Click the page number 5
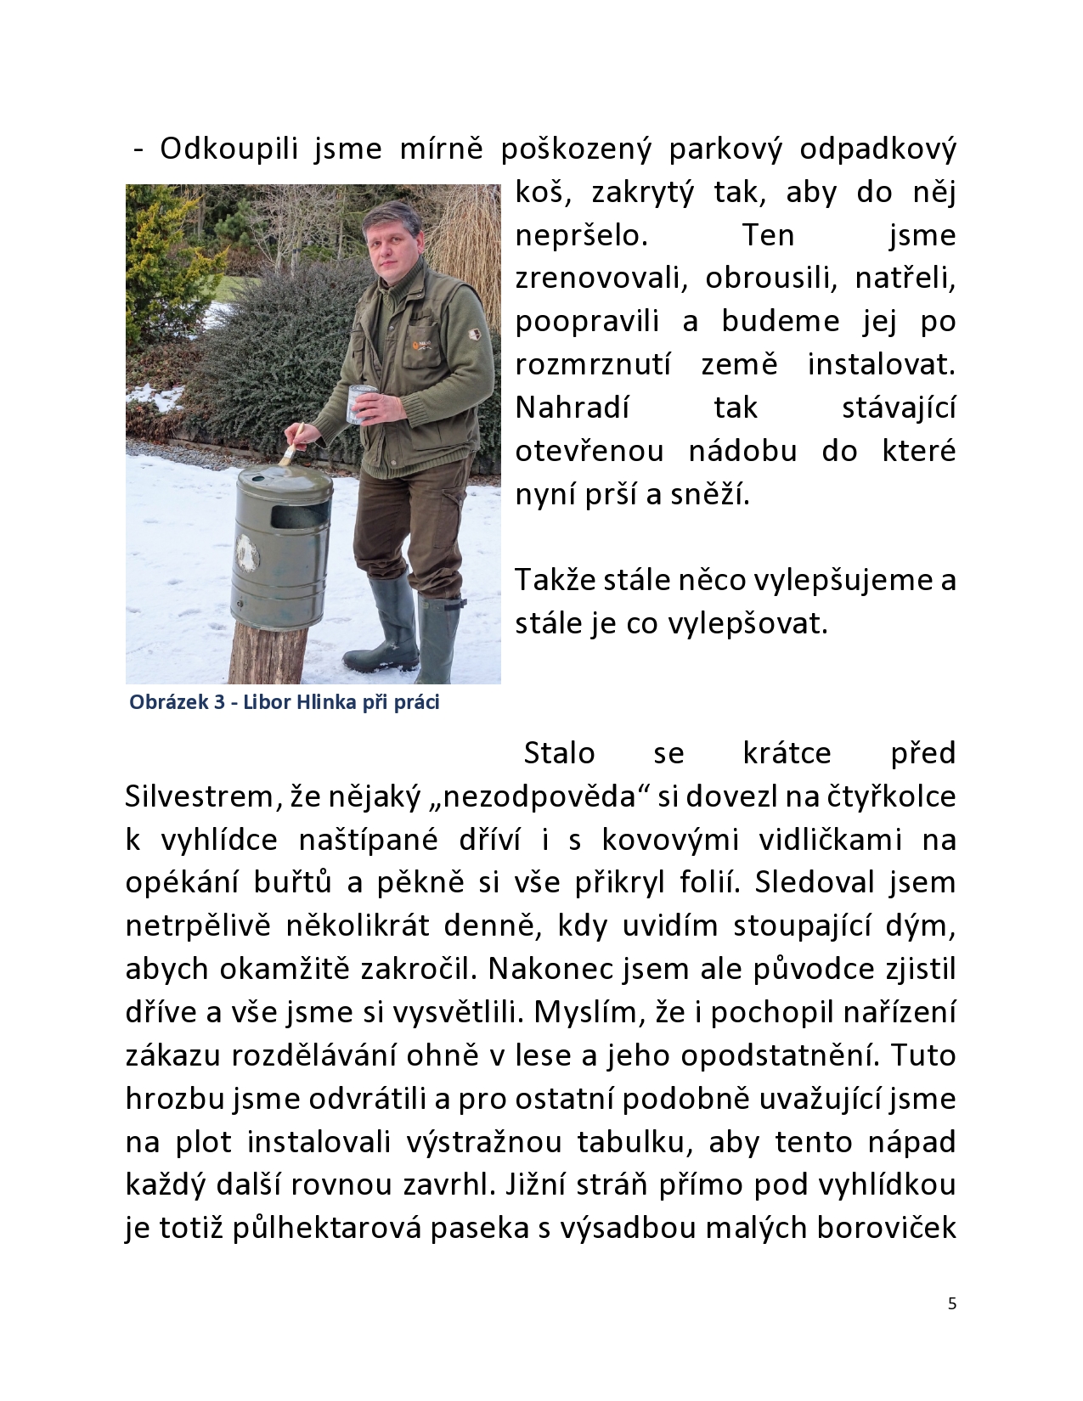coord(951,1303)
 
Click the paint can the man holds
coord(362,404)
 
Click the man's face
coord(393,249)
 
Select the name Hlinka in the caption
coord(323,703)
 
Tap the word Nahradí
coord(573,408)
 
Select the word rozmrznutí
coord(593,365)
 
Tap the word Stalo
coord(559,753)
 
